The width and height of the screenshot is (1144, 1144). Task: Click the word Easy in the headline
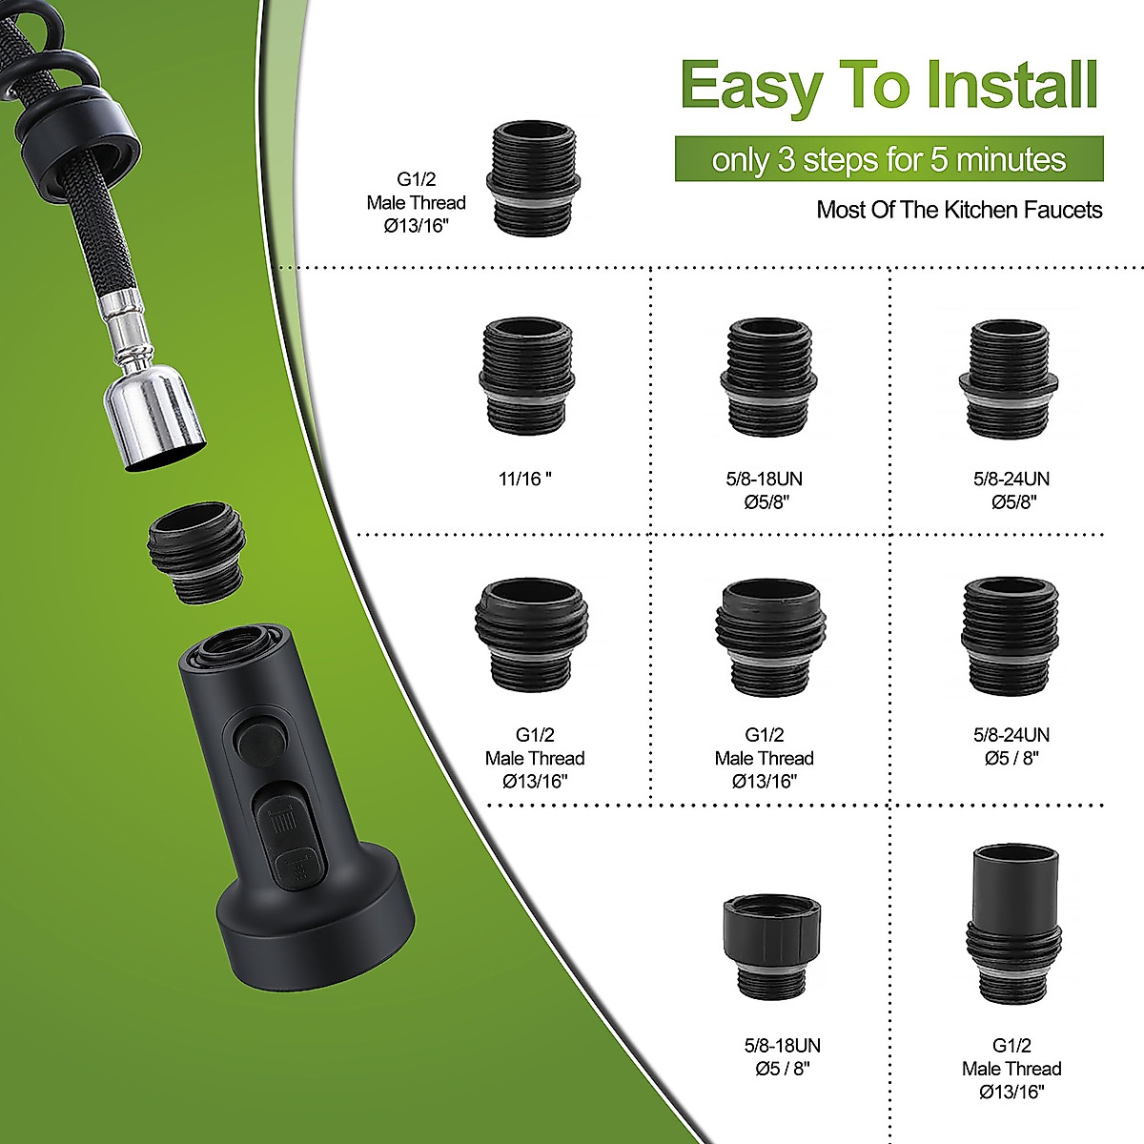(x=750, y=86)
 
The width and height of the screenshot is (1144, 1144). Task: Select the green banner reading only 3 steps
(x=889, y=159)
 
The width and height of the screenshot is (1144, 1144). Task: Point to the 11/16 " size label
(x=525, y=479)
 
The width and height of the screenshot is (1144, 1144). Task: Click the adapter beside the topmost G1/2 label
(x=533, y=177)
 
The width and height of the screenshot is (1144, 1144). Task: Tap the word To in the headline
(x=867, y=86)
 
